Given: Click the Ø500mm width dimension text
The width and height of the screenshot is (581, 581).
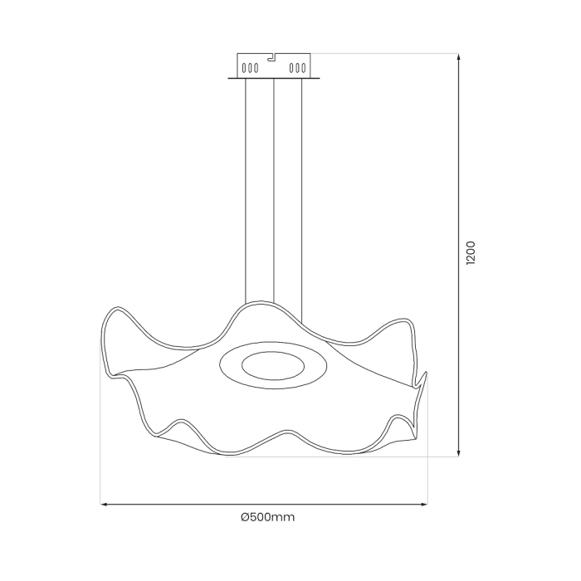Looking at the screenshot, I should pos(267,517).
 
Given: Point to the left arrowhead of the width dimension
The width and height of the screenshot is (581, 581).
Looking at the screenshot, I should pos(105,503).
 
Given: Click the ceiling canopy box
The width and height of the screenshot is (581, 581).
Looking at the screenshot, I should pos(273,66).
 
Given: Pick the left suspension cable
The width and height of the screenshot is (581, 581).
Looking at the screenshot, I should pos(247,191).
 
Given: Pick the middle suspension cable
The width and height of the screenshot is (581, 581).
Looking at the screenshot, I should pos(273,191).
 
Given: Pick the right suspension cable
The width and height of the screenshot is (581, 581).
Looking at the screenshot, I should pos(301,191).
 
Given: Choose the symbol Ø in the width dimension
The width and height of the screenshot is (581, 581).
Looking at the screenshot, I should pos(245,517).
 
